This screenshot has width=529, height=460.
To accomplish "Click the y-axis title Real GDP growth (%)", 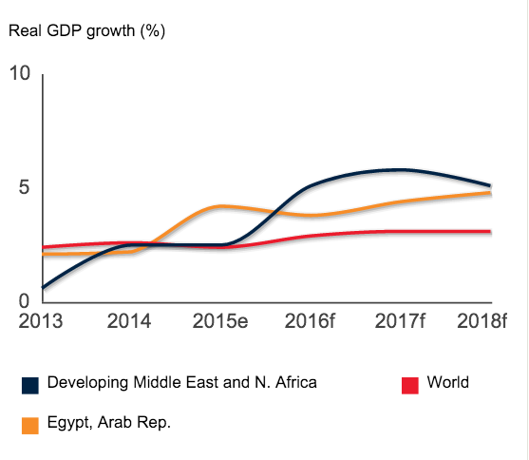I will pos(87,30).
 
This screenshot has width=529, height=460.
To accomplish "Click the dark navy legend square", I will pos(30,385).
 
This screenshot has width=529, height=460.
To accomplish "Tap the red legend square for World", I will pos(410,385).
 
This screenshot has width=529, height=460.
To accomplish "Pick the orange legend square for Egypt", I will pos(30,425).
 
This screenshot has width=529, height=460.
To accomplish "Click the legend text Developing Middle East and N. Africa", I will pos(181,383).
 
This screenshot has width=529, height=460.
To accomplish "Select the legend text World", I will pos(447,383).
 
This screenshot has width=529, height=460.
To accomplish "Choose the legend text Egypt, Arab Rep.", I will pos(108,423).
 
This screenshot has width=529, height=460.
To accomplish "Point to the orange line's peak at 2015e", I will pos(220,205).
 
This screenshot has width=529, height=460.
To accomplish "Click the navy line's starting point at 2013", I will pos(43,287).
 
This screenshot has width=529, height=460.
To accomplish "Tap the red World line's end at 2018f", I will pos(490,231).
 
